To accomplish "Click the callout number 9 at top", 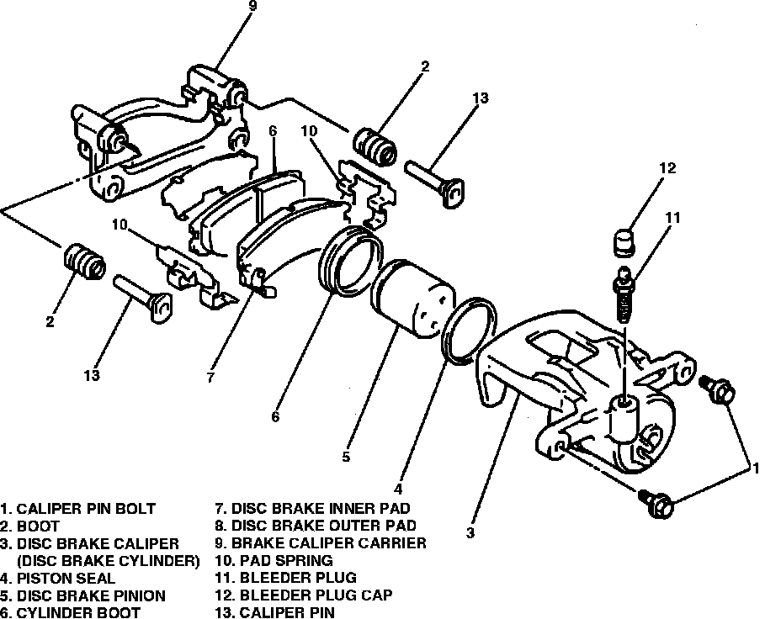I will click(252, 8).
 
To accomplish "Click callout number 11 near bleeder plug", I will click(671, 218).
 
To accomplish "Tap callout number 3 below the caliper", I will click(470, 532).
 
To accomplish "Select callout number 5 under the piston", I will click(346, 457).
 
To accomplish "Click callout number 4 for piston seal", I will click(398, 489).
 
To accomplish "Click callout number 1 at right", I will click(756, 467).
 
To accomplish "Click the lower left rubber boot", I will click(84, 262).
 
